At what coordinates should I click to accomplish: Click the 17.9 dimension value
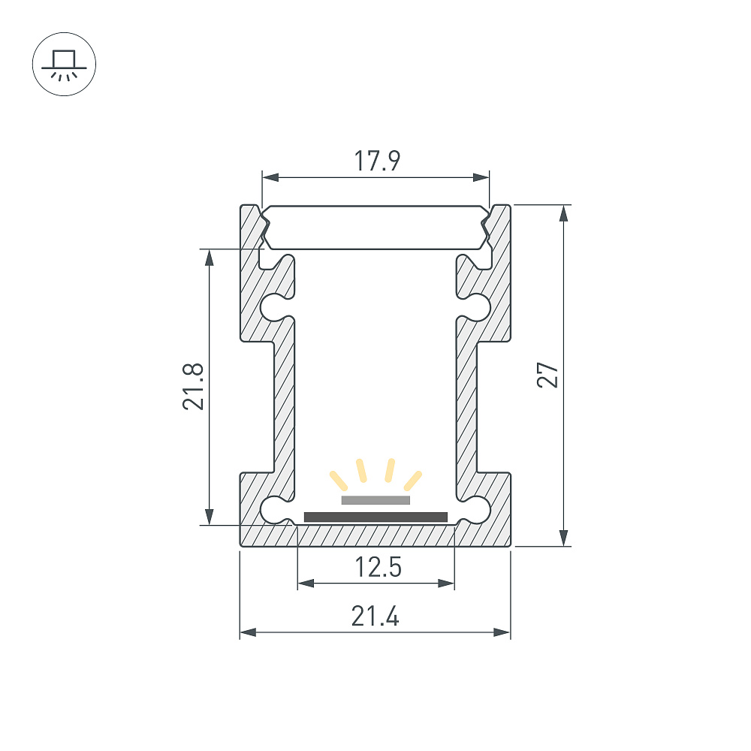coord(377,161)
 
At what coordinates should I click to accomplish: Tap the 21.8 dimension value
coord(193,387)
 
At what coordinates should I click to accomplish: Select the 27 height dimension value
coord(547,375)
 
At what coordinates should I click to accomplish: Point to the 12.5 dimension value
coord(378,567)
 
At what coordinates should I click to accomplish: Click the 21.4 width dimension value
coord(375,616)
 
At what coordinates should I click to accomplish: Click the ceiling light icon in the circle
coord(64,65)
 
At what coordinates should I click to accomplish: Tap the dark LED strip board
coord(376,517)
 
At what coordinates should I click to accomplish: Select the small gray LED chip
coord(376,500)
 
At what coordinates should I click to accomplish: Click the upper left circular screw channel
coord(273,307)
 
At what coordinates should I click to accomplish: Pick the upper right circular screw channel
coord(478,307)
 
